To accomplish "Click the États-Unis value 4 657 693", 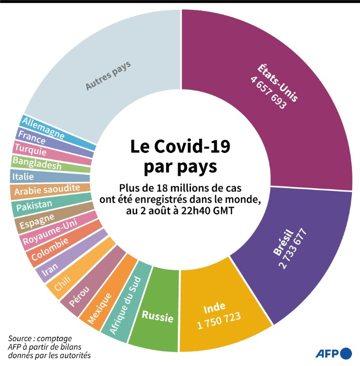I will tap(268, 93).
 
